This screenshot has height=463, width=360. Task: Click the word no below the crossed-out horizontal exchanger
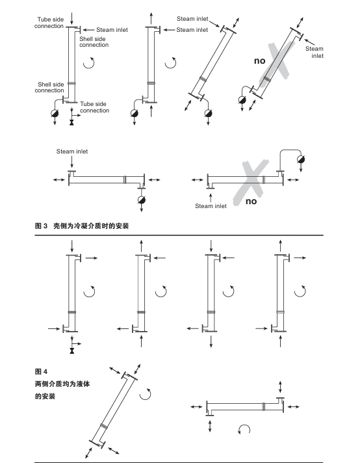coord(251,201)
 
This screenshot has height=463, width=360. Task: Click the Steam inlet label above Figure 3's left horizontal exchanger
coord(71,152)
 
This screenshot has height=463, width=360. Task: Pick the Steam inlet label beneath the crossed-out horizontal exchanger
coord(211,206)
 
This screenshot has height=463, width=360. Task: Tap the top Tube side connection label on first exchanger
coord(51,22)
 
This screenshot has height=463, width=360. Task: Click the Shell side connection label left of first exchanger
coord(49,87)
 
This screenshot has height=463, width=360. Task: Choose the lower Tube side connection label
coord(94,107)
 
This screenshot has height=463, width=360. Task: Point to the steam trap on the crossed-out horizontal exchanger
coord(299,159)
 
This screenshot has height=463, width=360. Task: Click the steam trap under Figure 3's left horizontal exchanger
coord(142,200)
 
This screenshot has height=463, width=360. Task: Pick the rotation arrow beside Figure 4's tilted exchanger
coord(148,395)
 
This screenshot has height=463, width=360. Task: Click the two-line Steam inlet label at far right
coord(315,52)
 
